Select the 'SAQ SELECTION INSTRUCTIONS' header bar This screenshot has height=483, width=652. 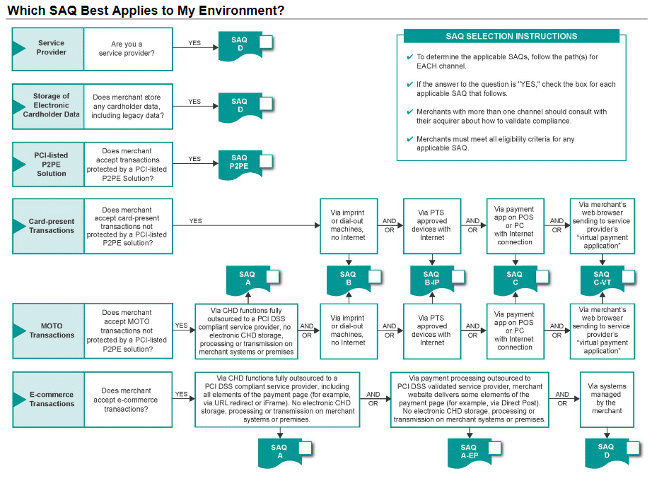[511, 36]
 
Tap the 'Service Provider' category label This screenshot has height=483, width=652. [52, 48]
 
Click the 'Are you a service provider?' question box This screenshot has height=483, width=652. [127, 49]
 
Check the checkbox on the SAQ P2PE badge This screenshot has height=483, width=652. [267, 162]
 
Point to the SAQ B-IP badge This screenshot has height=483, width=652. [431, 279]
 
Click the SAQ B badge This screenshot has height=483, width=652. [347, 279]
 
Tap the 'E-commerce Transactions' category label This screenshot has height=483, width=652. [52, 399]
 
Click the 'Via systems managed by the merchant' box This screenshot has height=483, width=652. [605, 399]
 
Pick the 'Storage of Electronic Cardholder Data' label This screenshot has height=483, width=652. [52, 105]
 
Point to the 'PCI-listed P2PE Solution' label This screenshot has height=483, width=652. [52, 164]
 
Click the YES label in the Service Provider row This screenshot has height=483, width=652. [194, 43]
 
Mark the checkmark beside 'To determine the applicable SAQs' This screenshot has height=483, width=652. [410, 57]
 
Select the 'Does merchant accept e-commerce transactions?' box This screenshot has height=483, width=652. [127, 400]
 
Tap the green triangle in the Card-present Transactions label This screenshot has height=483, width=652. [19, 226]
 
